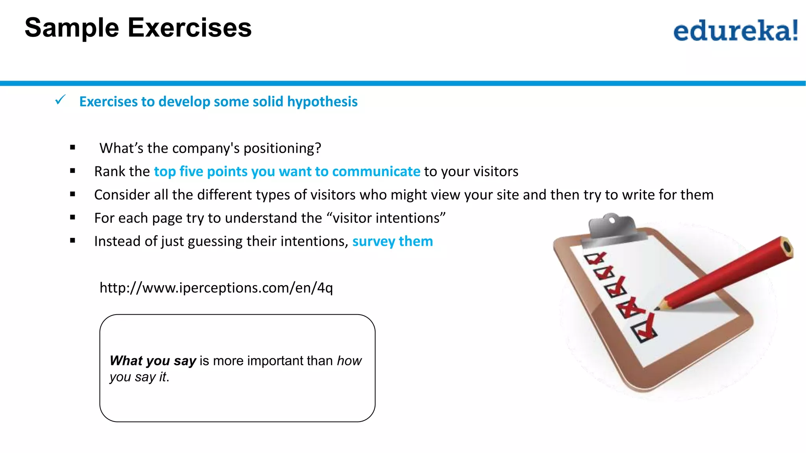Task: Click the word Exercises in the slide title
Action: (189, 28)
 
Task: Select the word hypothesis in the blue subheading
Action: (322, 102)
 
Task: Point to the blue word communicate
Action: (376, 171)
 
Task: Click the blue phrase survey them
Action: (392, 241)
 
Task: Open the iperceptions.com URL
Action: (216, 288)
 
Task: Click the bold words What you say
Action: (153, 361)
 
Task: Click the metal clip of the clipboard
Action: (612, 226)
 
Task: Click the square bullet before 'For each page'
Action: (72, 217)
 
